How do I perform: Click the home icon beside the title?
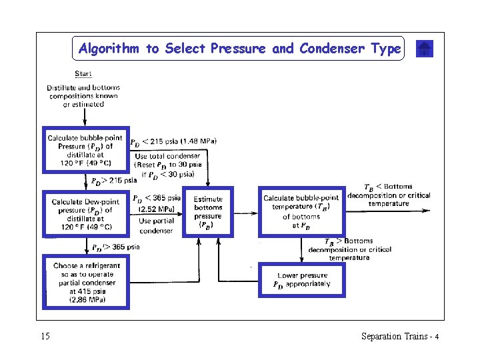[425, 49]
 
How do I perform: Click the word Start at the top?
[83, 73]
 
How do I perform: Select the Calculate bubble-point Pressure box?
[85, 151]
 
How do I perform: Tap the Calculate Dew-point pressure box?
[85, 214]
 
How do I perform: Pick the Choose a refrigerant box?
[85, 282]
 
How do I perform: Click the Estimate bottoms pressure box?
[209, 212]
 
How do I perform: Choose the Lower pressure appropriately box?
[301, 280]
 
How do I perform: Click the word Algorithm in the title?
[109, 49]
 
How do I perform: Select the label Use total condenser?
[167, 157]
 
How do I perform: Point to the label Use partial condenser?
[156, 226]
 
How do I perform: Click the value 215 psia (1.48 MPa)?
[183, 141]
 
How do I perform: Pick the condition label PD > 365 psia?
[116, 247]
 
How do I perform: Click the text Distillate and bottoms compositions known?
[83, 92]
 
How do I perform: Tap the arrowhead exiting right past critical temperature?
[427, 211]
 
